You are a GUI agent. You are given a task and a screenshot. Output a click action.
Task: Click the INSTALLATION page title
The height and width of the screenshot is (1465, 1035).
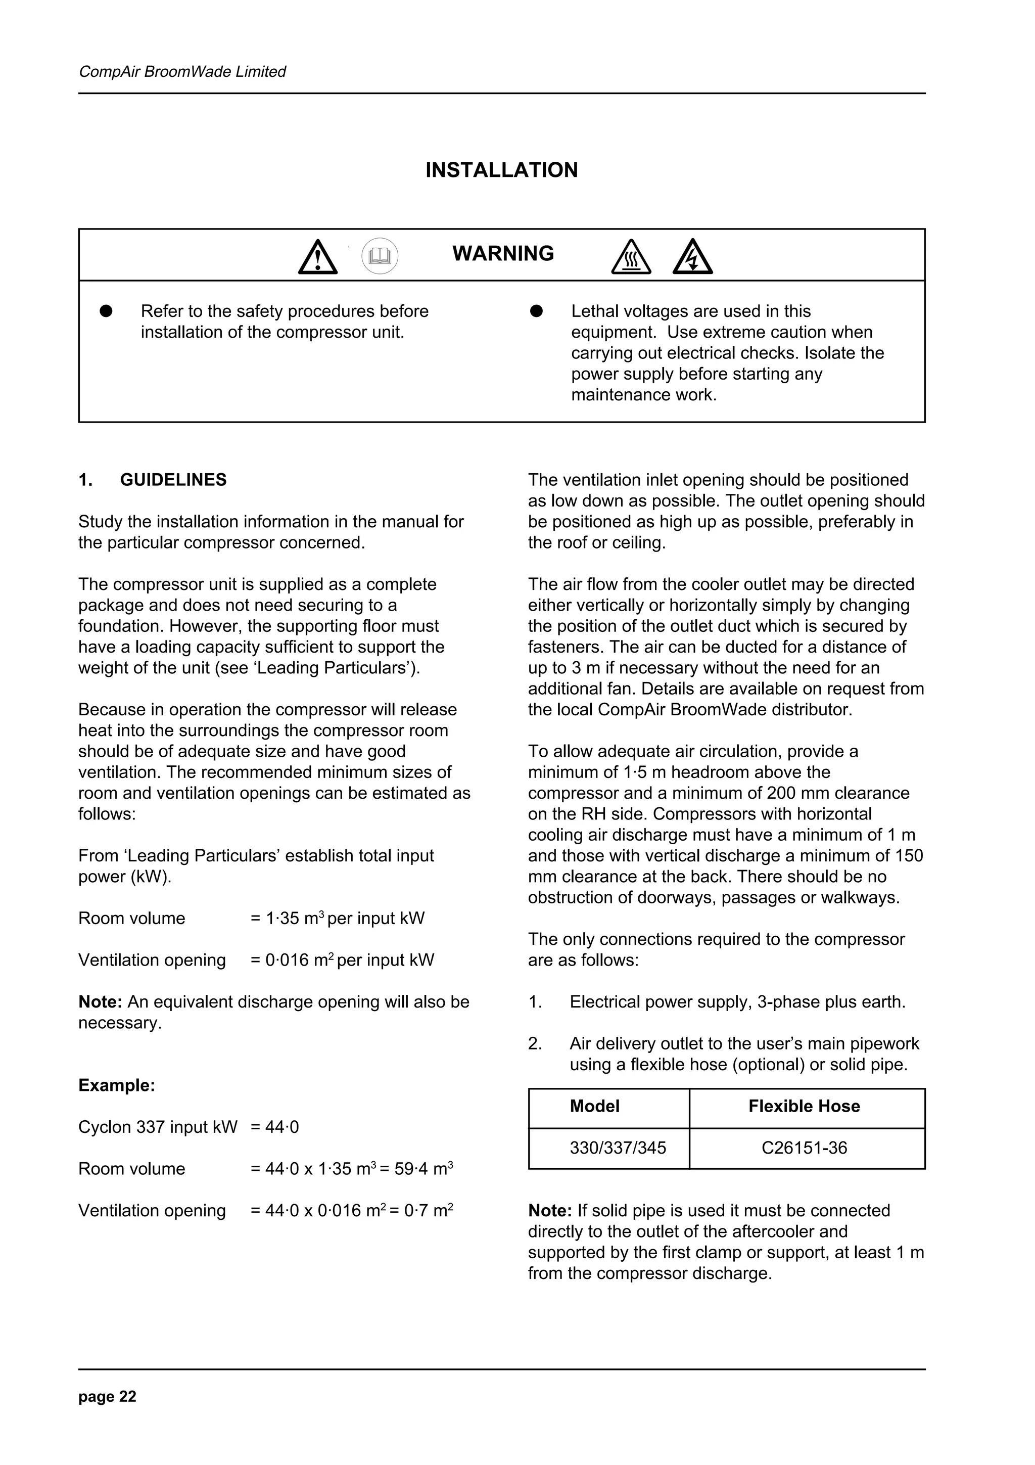coord(501,170)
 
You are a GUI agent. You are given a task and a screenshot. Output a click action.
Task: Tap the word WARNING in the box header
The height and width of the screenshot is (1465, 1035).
coord(503,254)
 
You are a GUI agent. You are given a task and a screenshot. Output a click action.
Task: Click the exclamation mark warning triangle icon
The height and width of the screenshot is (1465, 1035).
coord(317,258)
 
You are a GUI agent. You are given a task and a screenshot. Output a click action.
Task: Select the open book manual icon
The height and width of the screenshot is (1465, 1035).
coord(380,256)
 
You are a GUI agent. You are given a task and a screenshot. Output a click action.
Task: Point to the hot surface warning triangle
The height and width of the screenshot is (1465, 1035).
coord(631,258)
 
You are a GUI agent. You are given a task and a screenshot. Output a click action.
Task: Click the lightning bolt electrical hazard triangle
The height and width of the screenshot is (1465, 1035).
coord(692,258)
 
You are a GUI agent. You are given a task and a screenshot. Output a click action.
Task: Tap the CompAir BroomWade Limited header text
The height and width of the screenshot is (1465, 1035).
coord(182,71)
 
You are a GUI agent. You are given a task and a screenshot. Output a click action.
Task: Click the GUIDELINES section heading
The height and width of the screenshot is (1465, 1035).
coord(173,480)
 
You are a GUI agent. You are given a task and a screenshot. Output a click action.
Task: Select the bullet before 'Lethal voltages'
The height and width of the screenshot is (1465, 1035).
coord(536,311)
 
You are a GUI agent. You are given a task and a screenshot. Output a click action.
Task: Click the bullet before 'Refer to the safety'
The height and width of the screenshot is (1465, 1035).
coord(106,311)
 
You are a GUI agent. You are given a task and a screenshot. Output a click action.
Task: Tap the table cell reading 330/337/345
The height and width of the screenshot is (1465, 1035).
coord(617,1148)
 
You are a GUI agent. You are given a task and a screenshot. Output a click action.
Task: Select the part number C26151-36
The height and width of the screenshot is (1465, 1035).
coord(804,1148)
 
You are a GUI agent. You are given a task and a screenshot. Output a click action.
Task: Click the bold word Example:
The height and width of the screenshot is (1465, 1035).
coord(117,1085)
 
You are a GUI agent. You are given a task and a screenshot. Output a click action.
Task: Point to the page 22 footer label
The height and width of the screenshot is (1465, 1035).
coord(107,1397)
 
